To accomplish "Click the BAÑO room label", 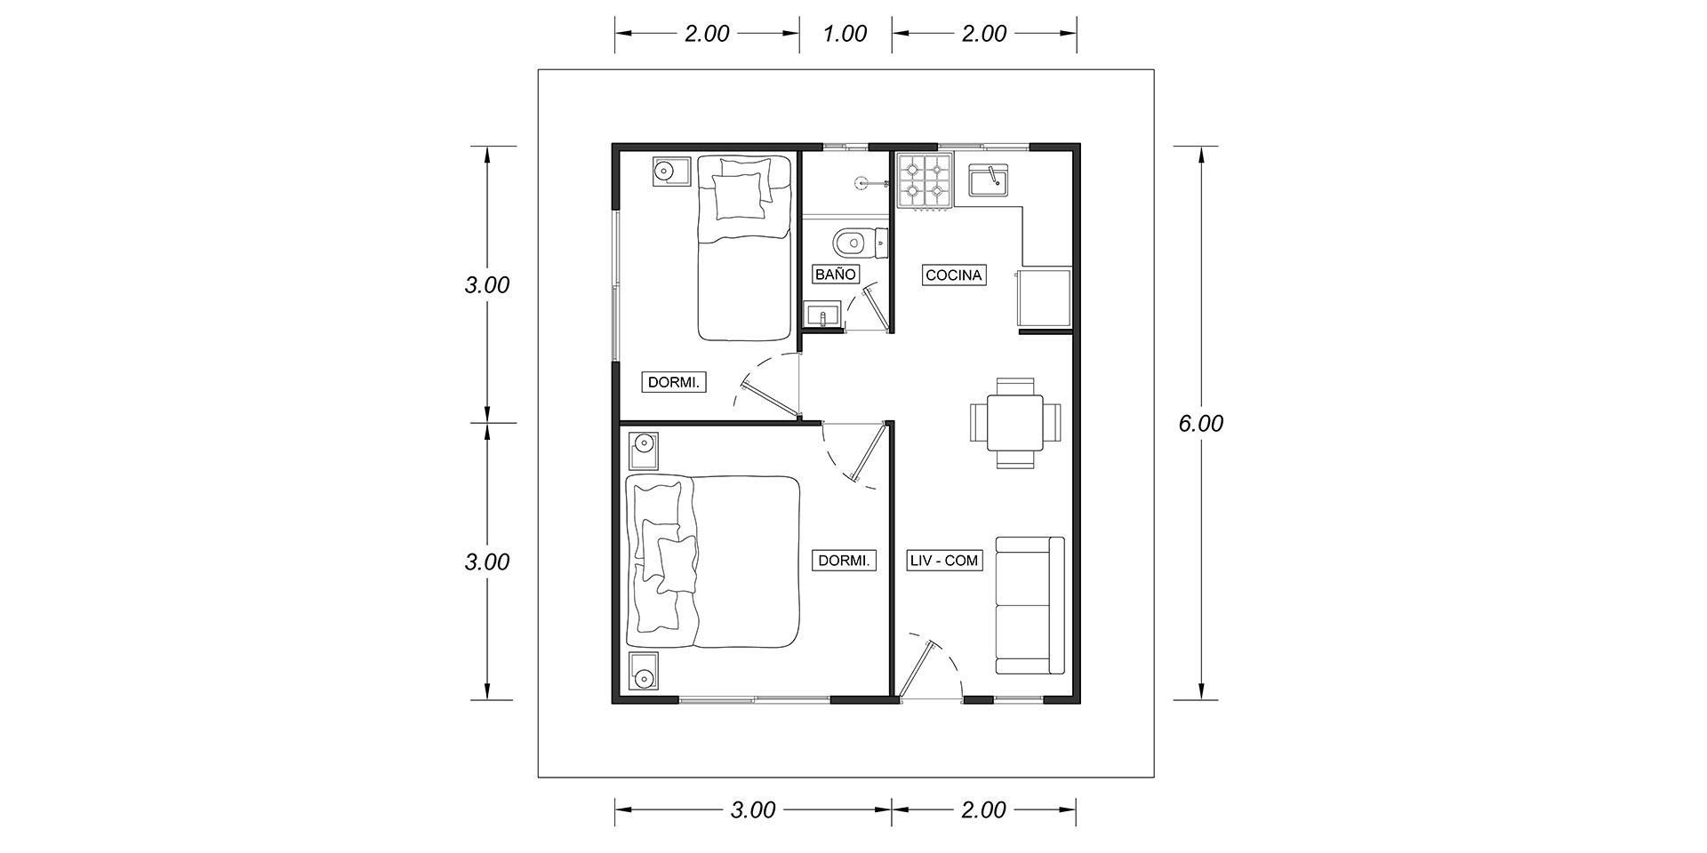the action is click(x=836, y=274).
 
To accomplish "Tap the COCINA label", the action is click(x=954, y=275).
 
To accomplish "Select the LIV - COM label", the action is click(x=943, y=561).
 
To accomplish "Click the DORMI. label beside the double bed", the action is click(x=844, y=561).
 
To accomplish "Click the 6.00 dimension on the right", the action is click(x=1200, y=424).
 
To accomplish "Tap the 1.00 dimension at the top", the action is click(x=845, y=34).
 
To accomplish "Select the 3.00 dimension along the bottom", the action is click(x=753, y=809).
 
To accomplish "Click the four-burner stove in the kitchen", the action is click(x=926, y=181).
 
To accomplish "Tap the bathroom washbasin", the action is click(x=822, y=315).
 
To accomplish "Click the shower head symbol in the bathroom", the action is click(x=860, y=182).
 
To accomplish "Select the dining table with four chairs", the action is click(x=1014, y=423).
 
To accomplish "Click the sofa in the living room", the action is click(x=1030, y=605).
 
